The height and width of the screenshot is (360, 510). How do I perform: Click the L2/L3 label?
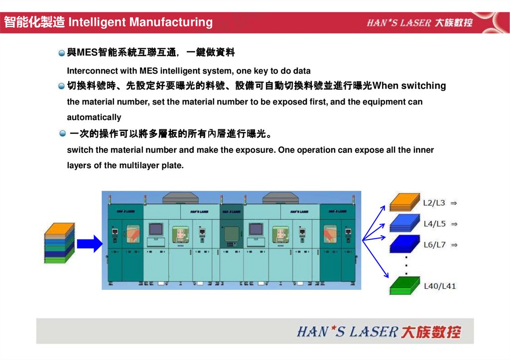[434, 203]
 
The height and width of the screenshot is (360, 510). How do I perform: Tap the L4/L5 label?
[434, 224]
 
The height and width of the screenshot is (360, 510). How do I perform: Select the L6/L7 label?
[434, 244]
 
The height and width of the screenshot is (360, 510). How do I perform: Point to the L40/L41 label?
[440, 286]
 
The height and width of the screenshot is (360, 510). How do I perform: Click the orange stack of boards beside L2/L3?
[404, 202]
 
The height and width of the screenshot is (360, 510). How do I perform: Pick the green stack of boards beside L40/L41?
[404, 285]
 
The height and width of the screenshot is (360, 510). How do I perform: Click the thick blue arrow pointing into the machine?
[90, 243]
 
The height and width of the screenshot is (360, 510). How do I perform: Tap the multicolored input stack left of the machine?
[60, 242]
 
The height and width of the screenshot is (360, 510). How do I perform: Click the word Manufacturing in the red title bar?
[171, 22]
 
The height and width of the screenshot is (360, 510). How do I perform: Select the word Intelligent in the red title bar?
[97, 22]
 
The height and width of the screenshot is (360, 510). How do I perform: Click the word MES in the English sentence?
[148, 71]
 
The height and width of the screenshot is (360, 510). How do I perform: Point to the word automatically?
[94, 118]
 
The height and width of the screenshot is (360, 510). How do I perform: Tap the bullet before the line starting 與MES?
[61, 53]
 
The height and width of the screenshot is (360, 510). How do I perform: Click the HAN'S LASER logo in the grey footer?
[379, 332]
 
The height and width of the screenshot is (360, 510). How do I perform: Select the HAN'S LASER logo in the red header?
[419, 22]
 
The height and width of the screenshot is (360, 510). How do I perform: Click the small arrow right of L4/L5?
[454, 224]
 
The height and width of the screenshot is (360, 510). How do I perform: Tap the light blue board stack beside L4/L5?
[404, 223]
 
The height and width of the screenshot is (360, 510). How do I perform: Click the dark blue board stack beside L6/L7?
[404, 244]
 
